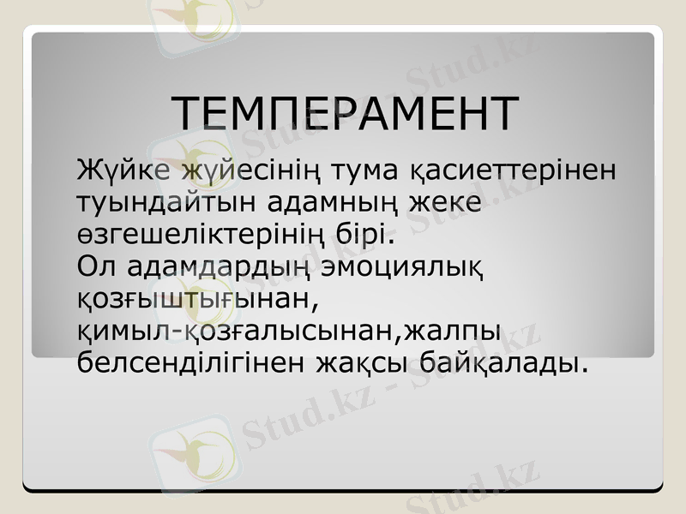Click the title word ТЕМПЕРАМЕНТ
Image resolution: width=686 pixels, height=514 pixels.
(345, 113)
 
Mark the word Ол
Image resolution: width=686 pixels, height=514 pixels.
(95, 266)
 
